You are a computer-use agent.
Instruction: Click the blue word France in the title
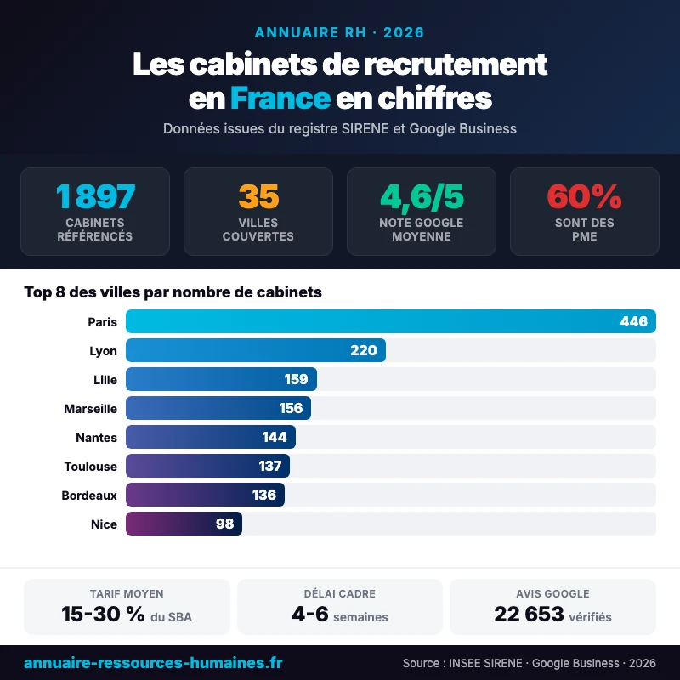click(x=280, y=98)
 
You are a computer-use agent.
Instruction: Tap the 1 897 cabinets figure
click(x=95, y=196)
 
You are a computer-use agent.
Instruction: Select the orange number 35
click(x=258, y=196)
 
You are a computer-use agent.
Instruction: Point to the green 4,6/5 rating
click(x=422, y=196)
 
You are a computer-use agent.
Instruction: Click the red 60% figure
click(x=584, y=196)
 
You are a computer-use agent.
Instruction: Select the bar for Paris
click(x=391, y=321)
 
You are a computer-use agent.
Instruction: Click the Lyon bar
click(x=255, y=350)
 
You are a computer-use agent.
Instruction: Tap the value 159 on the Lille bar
click(x=297, y=379)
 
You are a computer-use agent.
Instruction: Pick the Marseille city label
click(x=90, y=409)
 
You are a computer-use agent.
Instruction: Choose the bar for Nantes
click(x=210, y=437)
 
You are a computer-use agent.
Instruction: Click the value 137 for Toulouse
click(x=270, y=466)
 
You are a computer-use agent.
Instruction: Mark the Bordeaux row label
click(x=89, y=495)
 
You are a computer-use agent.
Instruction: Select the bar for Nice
click(x=184, y=524)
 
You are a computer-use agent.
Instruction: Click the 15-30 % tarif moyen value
click(x=103, y=615)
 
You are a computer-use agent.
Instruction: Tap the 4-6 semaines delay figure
click(x=310, y=615)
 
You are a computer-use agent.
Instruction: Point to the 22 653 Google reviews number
click(x=529, y=615)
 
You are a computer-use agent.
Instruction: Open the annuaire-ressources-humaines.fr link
click(x=153, y=662)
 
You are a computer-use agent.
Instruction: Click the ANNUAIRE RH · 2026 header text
click(x=339, y=33)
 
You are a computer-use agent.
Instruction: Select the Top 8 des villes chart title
click(x=173, y=292)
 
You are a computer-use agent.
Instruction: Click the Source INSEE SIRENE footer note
click(x=529, y=663)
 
